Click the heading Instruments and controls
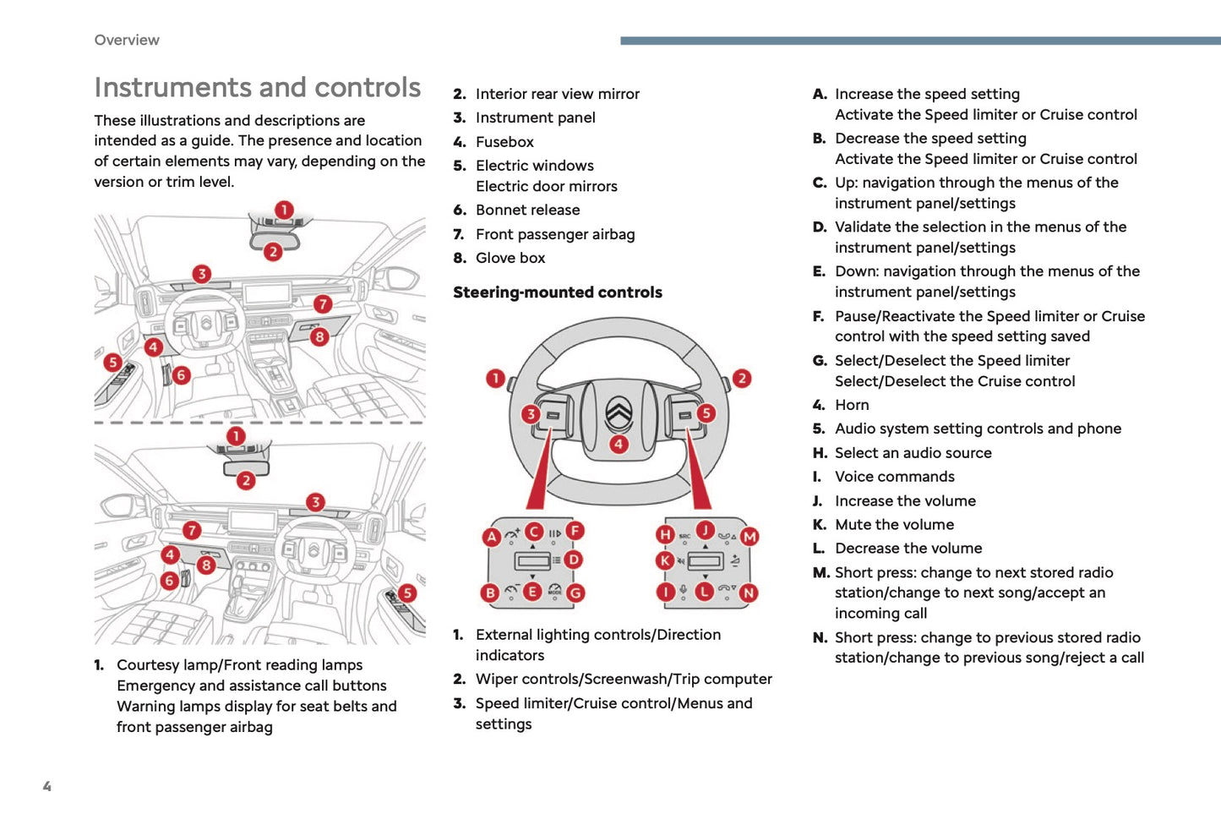tap(257, 87)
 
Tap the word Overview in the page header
tap(127, 40)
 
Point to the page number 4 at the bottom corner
tap(47, 786)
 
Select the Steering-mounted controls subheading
tap(557, 292)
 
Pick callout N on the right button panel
tap(749, 593)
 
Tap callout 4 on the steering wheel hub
tap(619, 444)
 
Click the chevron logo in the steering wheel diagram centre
tap(619, 413)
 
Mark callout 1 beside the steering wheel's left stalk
tap(496, 378)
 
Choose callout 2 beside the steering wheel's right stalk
tap(741, 378)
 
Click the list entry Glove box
tap(510, 258)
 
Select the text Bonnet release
tap(527, 210)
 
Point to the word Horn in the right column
tap(852, 405)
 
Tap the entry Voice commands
tap(894, 477)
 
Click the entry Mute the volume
tap(894, 525)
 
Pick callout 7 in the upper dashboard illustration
tap(323, 303)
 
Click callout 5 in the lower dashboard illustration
tap(407, 593)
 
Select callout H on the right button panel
tap(665, 534)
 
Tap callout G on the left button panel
tap(575, 593)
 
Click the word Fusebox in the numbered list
tap(504, 142)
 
